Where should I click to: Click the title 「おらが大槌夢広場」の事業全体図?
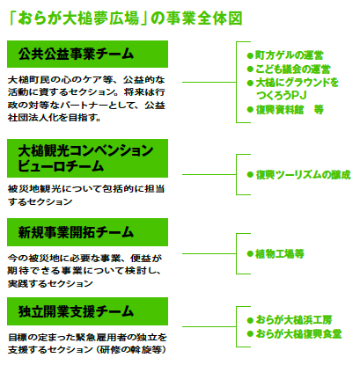pyautogui.click(x=126, y=18)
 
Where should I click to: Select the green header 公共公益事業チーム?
pyautogui.click(x=87, y=55)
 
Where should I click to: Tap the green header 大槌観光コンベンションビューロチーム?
pyautogui.click(x=87, y=158)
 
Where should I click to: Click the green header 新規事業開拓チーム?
pyautogui.click(x=87, y=232)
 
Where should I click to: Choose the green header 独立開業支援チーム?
pyautogui.click(x=87, y=311)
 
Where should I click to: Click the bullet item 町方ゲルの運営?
pyautogui.click(x=285, y=55)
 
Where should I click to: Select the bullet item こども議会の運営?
pyautogui.click(x=289, y=69)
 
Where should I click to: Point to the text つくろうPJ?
pyautogui.click(x=281, y=95)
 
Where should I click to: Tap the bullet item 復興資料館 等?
pyautogui.click(x=285, y=110)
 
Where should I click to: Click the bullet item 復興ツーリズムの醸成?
pyautogui.click(x=298, y=175)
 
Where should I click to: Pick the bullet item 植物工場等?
pyautogui.click(x=276, y=253)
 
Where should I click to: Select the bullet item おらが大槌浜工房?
pyautogui.click(x=290, y=320)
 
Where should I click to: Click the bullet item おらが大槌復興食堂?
pyautogui.click(x=294, y=333)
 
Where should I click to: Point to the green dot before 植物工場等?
pyautogui.click(x=250, y=254)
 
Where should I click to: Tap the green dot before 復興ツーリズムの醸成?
pyautogui.click(x=250, y=175)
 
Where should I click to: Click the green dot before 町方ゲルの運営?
pyautogui.click(x=250, y=55)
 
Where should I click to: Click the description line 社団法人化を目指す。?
pyautogui.click(x=55, y=118)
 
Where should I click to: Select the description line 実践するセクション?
pyautogui.click(x=50, y=283)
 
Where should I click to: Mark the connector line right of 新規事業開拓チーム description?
pyautogui.click(x=209, y=253)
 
